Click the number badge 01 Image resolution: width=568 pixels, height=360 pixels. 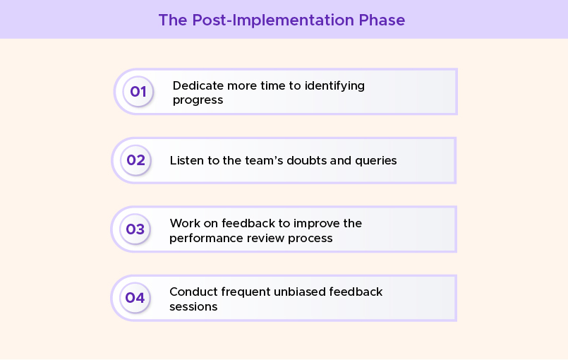(x=138, y=92)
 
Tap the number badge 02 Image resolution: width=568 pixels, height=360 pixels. (x=135, y=160)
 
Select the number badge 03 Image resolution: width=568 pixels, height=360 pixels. (x=135, y=229)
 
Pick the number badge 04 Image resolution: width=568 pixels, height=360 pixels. (x=135, y=297)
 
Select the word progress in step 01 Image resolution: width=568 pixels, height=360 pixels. (x=198, y=100)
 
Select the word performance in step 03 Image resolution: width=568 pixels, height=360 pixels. (x=205, y=238)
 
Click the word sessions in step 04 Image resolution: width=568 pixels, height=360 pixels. (x=193, y=306)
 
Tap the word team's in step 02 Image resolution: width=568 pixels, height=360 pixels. (x=255, y=160)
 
